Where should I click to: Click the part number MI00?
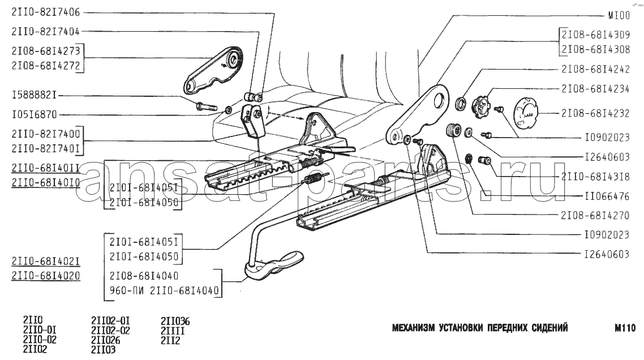coord(619,16)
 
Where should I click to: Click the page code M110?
coord(625,328)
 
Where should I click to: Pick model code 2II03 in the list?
coord(103,349)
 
